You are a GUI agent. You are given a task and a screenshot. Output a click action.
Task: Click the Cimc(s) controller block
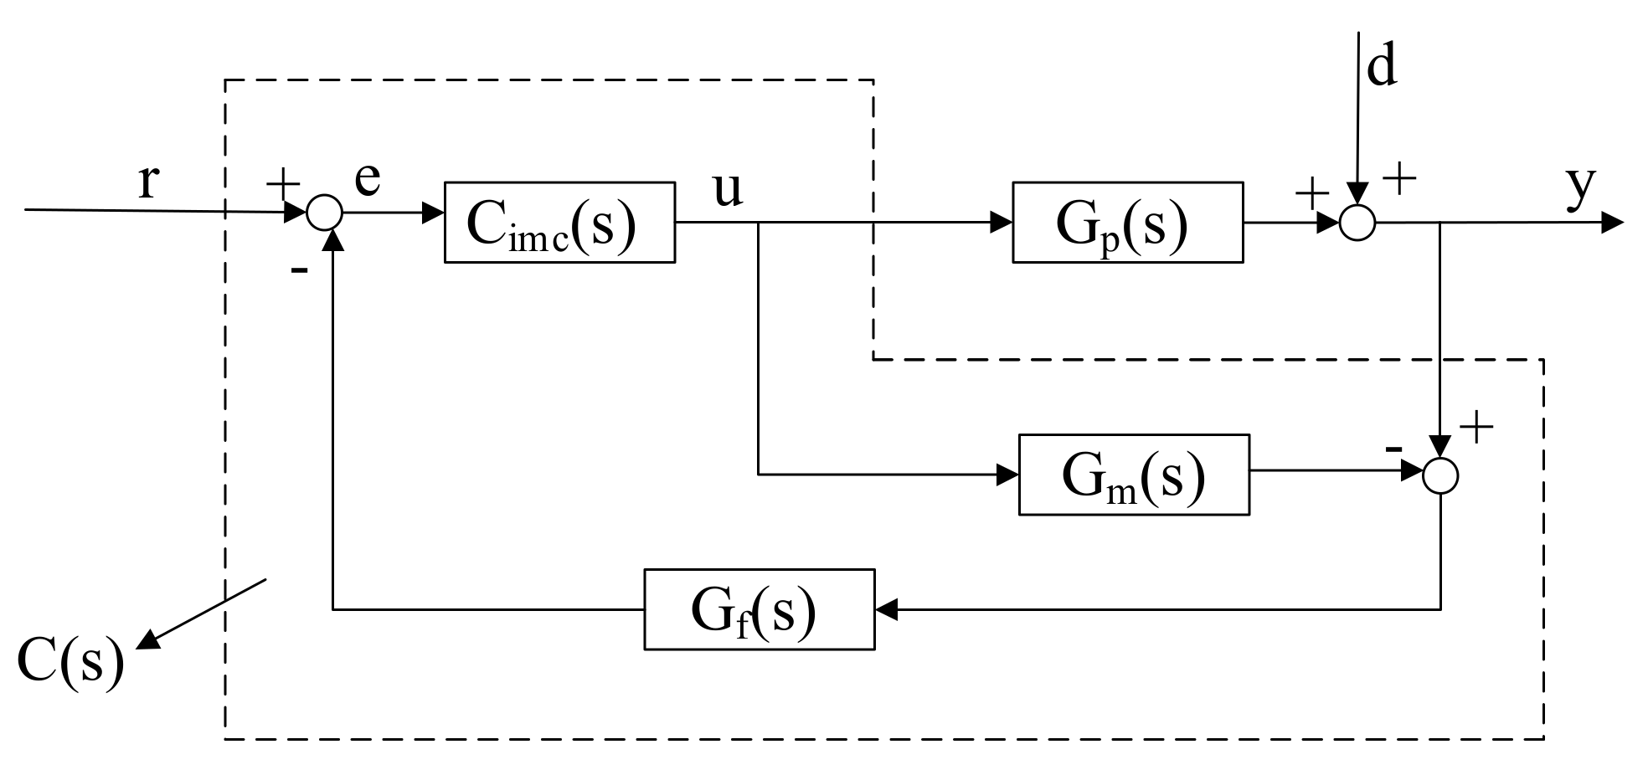(559, 223)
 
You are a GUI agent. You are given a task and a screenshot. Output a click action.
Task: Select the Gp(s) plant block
(1127, 223)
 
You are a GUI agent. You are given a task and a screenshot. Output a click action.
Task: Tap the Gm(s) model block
(1134, 475)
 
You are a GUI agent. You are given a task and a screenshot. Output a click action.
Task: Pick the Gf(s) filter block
(759, 609)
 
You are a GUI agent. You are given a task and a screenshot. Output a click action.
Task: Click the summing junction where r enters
(324, 213)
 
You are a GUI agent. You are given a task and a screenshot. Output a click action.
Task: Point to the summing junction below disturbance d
(1357, 223)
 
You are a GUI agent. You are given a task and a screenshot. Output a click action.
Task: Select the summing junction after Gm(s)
(1440, 475)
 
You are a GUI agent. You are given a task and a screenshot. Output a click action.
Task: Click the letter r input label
(147, 180)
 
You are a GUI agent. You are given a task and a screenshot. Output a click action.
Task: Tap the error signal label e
(368, 177)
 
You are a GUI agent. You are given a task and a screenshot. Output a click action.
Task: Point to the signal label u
(727, 190)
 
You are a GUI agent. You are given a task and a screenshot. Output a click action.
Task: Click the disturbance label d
(1382, 67)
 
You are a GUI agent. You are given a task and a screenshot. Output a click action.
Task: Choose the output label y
(1581, 186)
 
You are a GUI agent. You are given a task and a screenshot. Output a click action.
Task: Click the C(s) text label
(70, 661)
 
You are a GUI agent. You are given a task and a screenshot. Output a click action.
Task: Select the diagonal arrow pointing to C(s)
(201, 613)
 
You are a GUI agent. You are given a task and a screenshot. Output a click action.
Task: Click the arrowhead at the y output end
(1613, 223)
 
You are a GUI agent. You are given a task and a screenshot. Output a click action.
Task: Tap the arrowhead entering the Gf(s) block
(886, 609)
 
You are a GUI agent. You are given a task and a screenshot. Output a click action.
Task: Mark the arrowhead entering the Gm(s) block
(1007, 475)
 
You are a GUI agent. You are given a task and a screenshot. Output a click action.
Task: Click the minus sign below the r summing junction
(299, 270)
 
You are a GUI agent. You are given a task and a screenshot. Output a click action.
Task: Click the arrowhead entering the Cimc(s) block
(433, 213)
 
